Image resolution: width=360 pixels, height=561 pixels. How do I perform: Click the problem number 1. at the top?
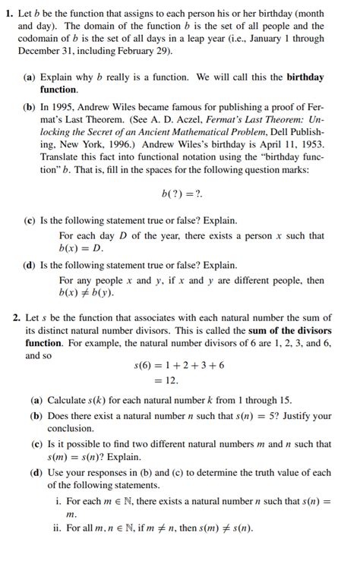point(9,14)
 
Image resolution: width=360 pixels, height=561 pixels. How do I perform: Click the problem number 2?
point(9,317)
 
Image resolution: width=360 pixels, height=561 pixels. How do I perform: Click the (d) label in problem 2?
point(36,473)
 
